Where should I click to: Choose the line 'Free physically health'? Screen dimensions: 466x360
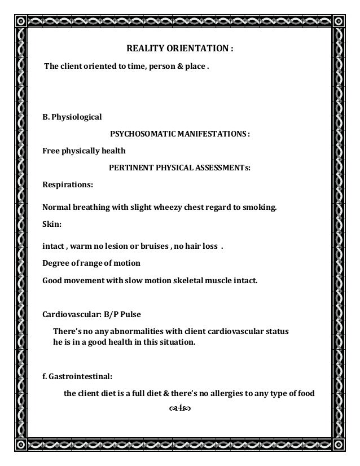pos(84,151)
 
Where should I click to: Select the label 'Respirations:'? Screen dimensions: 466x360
pos(68,184)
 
